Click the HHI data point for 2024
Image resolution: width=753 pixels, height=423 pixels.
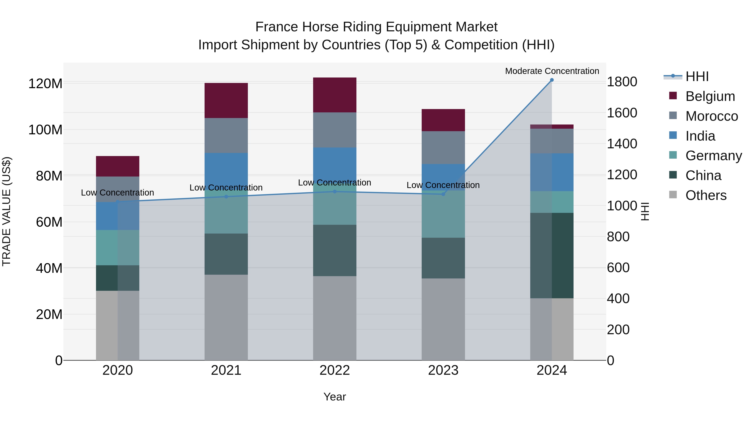coord(552,80)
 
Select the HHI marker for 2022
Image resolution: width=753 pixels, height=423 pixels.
coord(335,192)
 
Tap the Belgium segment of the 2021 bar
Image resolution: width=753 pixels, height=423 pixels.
coord(226,100)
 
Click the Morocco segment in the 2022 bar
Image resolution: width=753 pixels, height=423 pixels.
coord(335,130)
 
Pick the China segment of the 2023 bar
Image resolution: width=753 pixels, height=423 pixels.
coord(443,258)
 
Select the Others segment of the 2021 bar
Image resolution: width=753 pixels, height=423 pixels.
coord(226,317)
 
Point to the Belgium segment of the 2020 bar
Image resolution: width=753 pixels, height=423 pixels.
coord(118,166)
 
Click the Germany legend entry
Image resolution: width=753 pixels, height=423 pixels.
coord(713,156)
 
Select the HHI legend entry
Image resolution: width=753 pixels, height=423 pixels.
coord(697,76)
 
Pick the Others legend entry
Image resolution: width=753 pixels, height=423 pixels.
coord(706,195)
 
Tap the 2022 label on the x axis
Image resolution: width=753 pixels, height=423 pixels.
coord(335,370)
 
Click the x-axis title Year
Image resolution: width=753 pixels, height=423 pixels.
coord(335,397)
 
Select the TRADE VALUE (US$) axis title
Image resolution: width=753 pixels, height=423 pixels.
coord(7,211)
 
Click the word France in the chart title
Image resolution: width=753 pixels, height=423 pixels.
coord(277,27)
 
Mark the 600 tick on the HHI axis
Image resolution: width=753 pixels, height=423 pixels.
coord(618,268)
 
